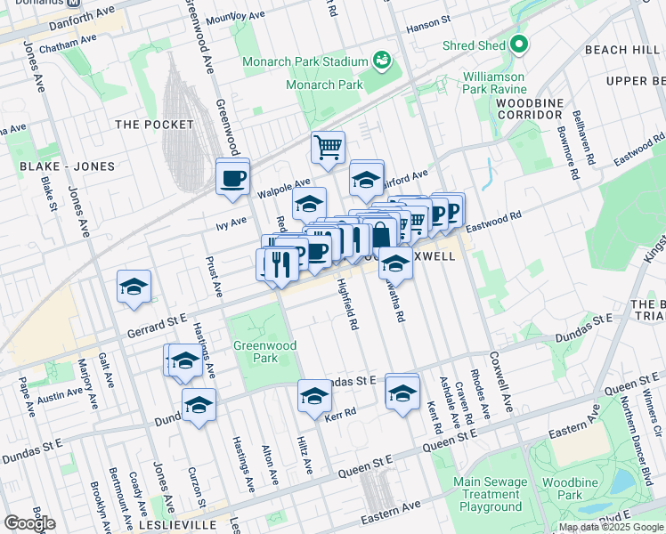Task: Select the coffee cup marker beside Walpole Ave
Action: pyautogui.click(x=233, y=177)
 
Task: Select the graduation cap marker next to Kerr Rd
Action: pyautogui.click(x=314, y=397)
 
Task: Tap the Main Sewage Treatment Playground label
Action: pyautogui.click(x=491, y=494)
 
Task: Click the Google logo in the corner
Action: pyautogui.click(x=30, y=522)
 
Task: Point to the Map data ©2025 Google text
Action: pyautogui.click(x=611, y=527)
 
